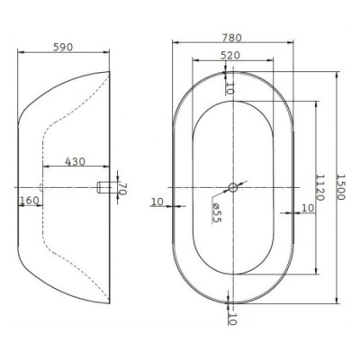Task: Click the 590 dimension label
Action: (63, 47)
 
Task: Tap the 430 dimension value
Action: (76, 162)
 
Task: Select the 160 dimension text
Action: (29, 200)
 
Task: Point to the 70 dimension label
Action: (121, 189)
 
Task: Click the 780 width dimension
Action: (231, 38)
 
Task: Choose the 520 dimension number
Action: (230, 55)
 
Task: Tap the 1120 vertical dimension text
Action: (320, 187)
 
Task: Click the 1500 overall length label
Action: (341, 187)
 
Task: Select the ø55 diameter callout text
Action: (216, 212)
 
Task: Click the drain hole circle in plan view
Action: (233, 187)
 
